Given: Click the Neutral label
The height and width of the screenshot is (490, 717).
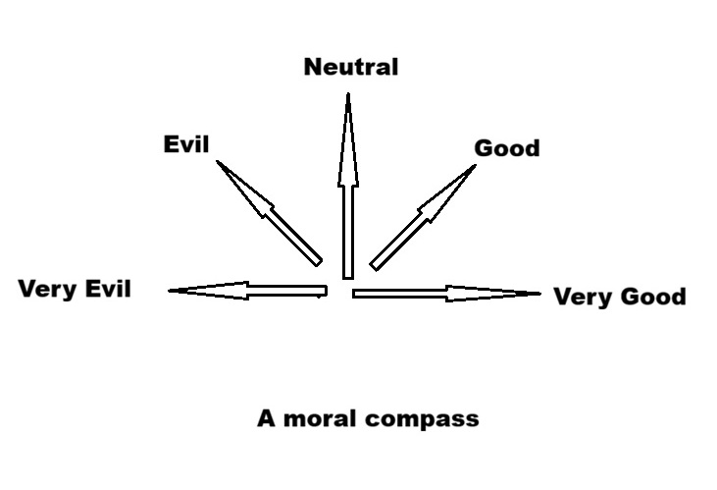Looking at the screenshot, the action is [x=351, y=67].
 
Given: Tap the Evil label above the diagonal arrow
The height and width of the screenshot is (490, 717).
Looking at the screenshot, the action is [x=186, y=144].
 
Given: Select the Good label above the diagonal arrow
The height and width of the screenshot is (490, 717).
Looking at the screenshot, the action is [x=507, y=148].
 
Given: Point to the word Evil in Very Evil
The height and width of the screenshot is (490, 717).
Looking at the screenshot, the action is [x=108, y=289].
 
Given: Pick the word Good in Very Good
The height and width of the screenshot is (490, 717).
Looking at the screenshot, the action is [x=654, y=297].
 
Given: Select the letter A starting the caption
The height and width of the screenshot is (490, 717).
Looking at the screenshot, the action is [x=266, y=418].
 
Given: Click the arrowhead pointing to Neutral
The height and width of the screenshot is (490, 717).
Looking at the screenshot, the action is [x=348, y=139].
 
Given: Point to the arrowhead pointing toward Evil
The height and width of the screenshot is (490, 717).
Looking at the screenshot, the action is [x=243, y=188].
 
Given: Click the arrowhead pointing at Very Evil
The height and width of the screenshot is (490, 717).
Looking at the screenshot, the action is [x=208, y=291].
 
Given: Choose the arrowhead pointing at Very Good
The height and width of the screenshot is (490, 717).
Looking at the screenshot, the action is [x=493, y=294].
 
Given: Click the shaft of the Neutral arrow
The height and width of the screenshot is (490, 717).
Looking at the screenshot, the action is [x=348, y=232].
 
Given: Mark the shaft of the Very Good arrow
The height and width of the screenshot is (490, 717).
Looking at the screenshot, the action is [x=399, y=294].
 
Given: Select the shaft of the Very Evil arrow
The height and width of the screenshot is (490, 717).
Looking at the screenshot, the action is [x=287, y=291].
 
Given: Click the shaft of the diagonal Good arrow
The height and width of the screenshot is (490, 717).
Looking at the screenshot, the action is [x=398, y=242].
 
